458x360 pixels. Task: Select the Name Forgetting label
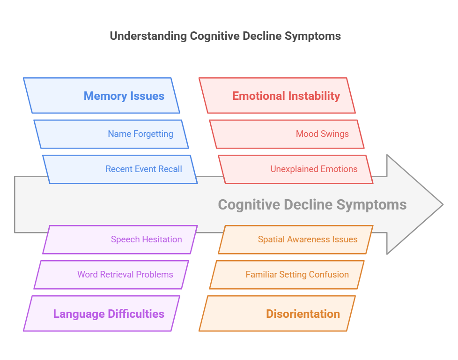140,134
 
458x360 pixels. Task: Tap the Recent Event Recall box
143,169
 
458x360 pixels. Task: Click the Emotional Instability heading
286,96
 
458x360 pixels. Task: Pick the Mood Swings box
322,134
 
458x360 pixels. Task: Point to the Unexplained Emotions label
314,169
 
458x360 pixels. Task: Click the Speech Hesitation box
146,240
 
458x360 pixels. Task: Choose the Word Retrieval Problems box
125,275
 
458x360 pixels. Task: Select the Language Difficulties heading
109,314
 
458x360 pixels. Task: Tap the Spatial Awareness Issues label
307,240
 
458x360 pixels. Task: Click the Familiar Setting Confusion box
297,275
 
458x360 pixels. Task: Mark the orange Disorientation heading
303,314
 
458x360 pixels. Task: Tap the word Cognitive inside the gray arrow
249,205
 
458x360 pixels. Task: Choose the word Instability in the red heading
314,96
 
